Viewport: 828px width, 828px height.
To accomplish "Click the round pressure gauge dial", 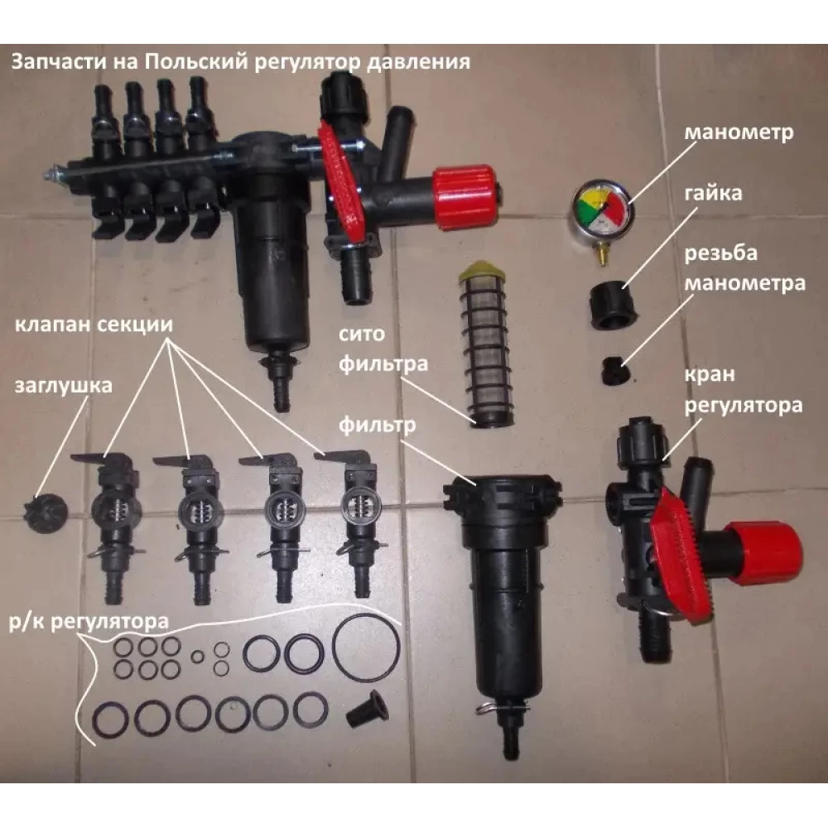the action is point(603,211).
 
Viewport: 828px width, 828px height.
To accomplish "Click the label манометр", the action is point(739,132).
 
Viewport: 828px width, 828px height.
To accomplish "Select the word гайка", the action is point(713,193).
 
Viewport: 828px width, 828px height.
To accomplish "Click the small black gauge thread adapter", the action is point(615,371).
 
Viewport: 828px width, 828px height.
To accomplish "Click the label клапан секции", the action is point(94,325).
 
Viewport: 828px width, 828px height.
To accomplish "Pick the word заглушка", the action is point(64,386).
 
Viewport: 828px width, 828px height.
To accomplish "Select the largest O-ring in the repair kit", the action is point(366,648).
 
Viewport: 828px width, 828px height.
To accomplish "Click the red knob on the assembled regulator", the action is point(465,197).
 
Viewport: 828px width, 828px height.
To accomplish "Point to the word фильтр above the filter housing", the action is point(377,426).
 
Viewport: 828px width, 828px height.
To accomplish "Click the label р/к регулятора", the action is point(89,622).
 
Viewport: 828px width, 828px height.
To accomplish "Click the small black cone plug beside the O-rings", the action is point(368,710).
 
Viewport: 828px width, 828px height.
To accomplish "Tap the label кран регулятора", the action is point(744,390).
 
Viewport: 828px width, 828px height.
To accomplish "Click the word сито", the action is point(362,335).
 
